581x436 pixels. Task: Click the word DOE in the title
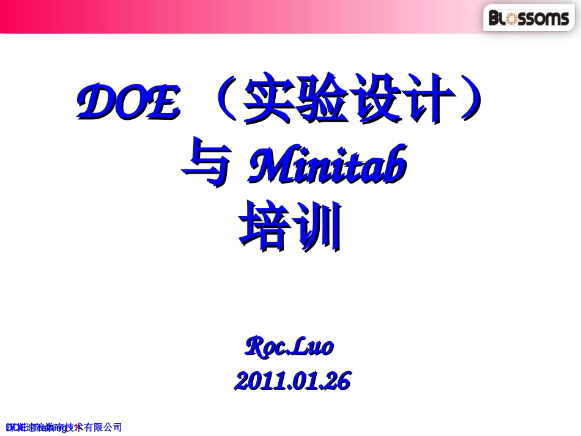point(129,103)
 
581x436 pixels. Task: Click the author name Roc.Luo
point(289,347)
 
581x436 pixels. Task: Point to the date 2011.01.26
point(292,382)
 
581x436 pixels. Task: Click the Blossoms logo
point(529,18)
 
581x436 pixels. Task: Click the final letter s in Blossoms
point(564,19)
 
